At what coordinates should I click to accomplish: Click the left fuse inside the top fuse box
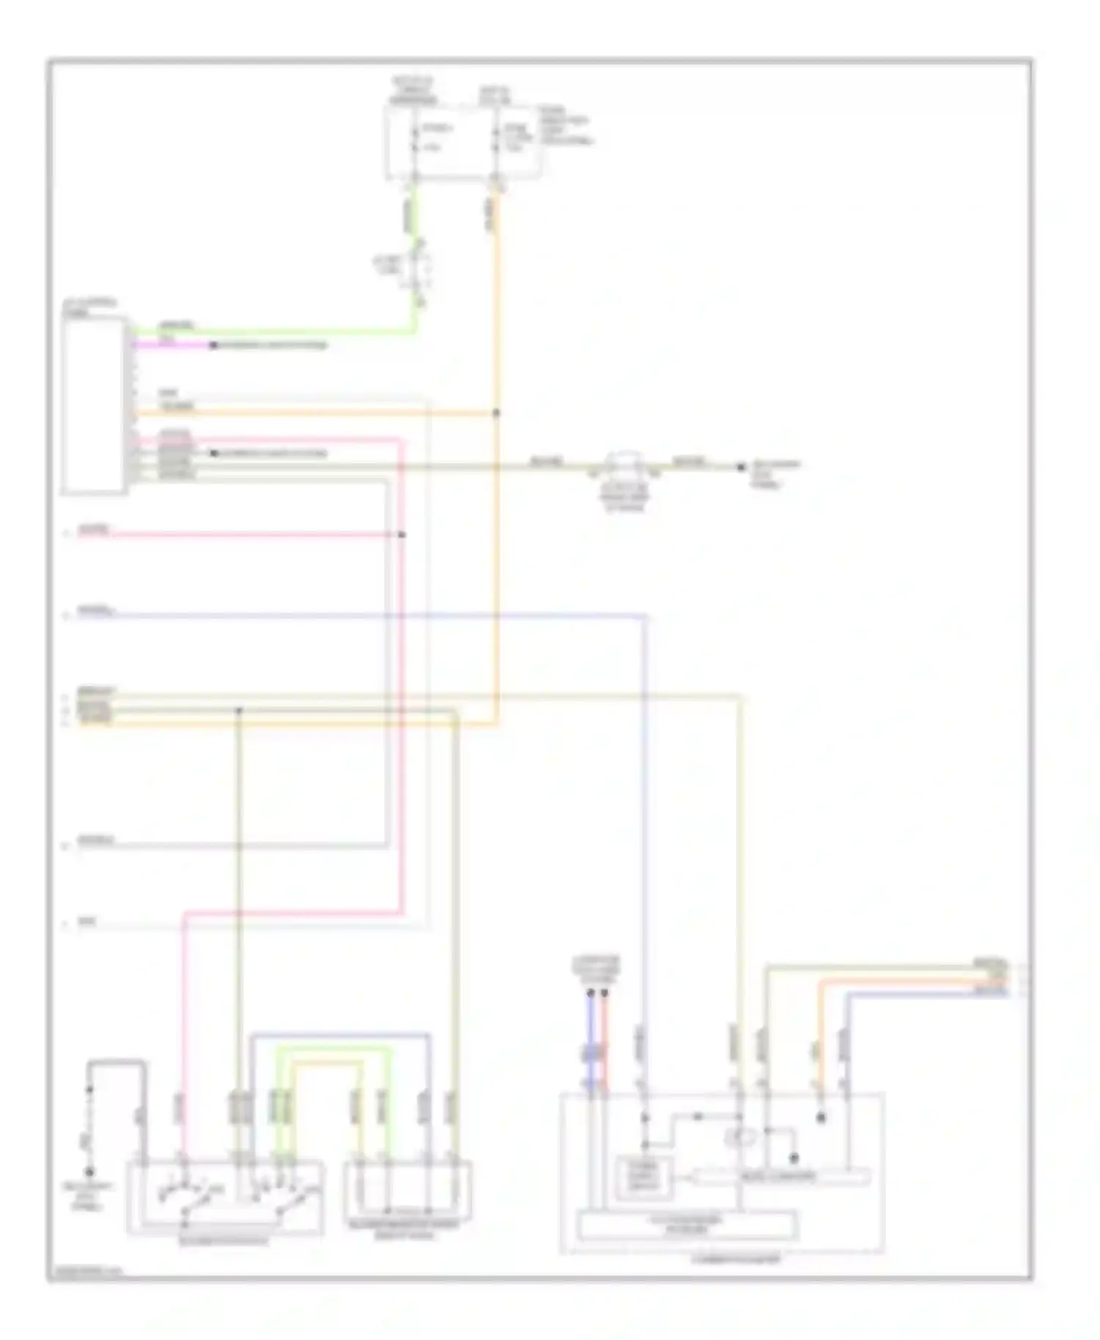click(415, 139)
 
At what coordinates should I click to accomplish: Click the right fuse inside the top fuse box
click(496, 139)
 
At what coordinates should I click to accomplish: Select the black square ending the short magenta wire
click(213, 345)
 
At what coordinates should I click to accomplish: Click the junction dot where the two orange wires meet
click(496, 413)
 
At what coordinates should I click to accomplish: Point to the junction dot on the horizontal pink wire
click(401, 534)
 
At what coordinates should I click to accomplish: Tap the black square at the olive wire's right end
click(741, 466)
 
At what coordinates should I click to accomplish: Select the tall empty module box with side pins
click(94, 405)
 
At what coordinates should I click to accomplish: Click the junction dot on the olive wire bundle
click(238, 710)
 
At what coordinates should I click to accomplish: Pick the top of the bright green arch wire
click(334, 1049)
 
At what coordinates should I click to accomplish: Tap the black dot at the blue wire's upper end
click(590, 993)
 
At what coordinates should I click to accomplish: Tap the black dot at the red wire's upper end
click(604, 993)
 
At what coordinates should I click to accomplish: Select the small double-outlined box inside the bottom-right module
click(643, 1178)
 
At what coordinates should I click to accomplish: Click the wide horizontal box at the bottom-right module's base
click(687, 1225)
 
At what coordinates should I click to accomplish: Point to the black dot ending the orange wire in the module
click(821, 1118)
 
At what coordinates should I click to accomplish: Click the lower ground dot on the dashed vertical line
click(89, 1172)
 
